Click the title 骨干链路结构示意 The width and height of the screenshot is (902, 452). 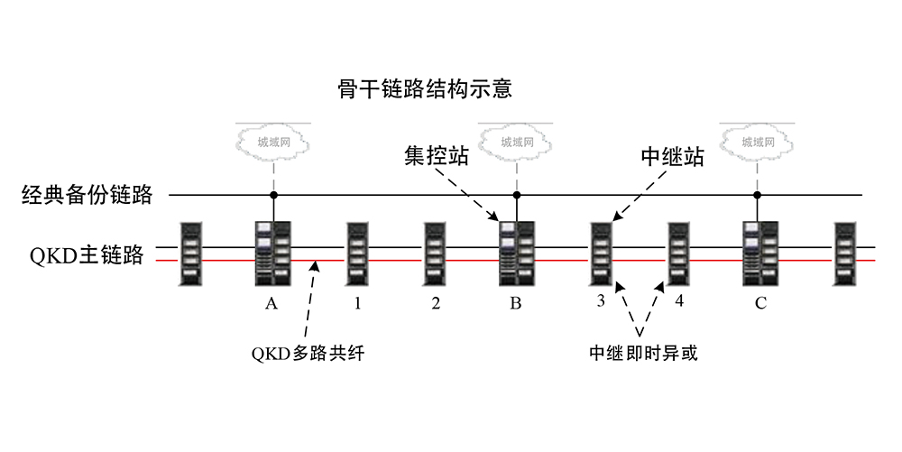point(425,89)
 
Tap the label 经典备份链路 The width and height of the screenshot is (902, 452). point(87,195)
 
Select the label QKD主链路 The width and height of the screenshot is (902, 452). point(87,254)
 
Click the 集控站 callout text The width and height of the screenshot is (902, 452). point(436,156)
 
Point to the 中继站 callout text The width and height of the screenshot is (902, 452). point(673,157)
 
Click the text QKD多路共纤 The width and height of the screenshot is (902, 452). point(308,353)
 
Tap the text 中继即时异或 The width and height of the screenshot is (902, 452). point(643,353)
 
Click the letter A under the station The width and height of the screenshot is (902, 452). point(272,303)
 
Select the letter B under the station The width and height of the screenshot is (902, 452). point(515,303)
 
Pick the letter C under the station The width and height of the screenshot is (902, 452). point(760,303)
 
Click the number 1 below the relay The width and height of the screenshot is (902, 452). point(357,302)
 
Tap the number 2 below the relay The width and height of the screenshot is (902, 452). point(436,302)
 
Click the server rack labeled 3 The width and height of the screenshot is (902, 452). point(601,254)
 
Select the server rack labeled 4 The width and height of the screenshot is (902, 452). point(678,254)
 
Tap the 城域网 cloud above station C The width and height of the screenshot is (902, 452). point(758,142)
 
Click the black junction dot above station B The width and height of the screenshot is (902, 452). point(517,195)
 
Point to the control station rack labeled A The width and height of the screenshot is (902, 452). point(273,253)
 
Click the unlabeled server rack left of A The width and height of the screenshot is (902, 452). point(191,254)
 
